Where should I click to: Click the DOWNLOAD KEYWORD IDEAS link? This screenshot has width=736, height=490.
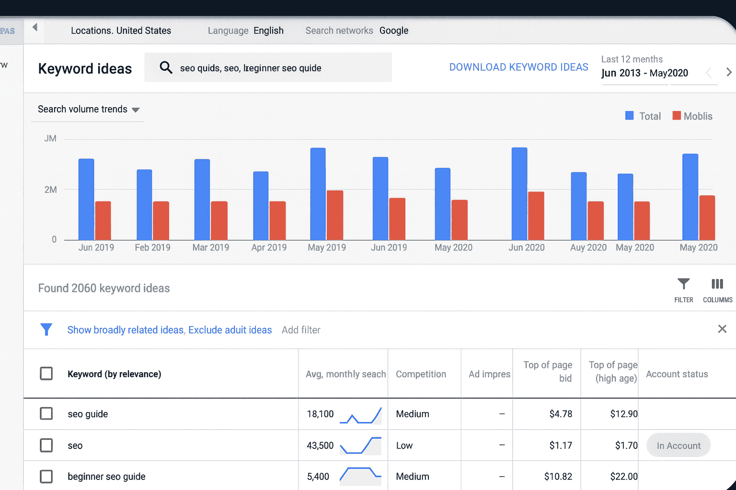518,67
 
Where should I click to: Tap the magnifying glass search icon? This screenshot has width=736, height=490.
166,67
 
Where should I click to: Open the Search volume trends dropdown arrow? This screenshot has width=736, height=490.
136,110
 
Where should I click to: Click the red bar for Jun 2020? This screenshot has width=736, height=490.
536,216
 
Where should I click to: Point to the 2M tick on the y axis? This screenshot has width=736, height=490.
50,189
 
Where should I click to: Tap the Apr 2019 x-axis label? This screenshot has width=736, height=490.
269,247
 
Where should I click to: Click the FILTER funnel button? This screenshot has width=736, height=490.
683,289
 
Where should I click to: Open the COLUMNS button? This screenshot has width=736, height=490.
717,289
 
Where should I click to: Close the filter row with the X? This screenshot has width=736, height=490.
722,329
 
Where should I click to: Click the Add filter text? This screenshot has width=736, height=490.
301,330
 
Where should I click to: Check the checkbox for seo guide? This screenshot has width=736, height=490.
46,413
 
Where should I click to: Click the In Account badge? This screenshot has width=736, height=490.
678,445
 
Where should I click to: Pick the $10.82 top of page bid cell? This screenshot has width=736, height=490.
558,477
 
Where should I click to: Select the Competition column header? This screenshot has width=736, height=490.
421,374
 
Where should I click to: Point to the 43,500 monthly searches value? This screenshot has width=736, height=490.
320,445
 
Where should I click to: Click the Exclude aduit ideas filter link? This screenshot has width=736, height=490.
230,330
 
